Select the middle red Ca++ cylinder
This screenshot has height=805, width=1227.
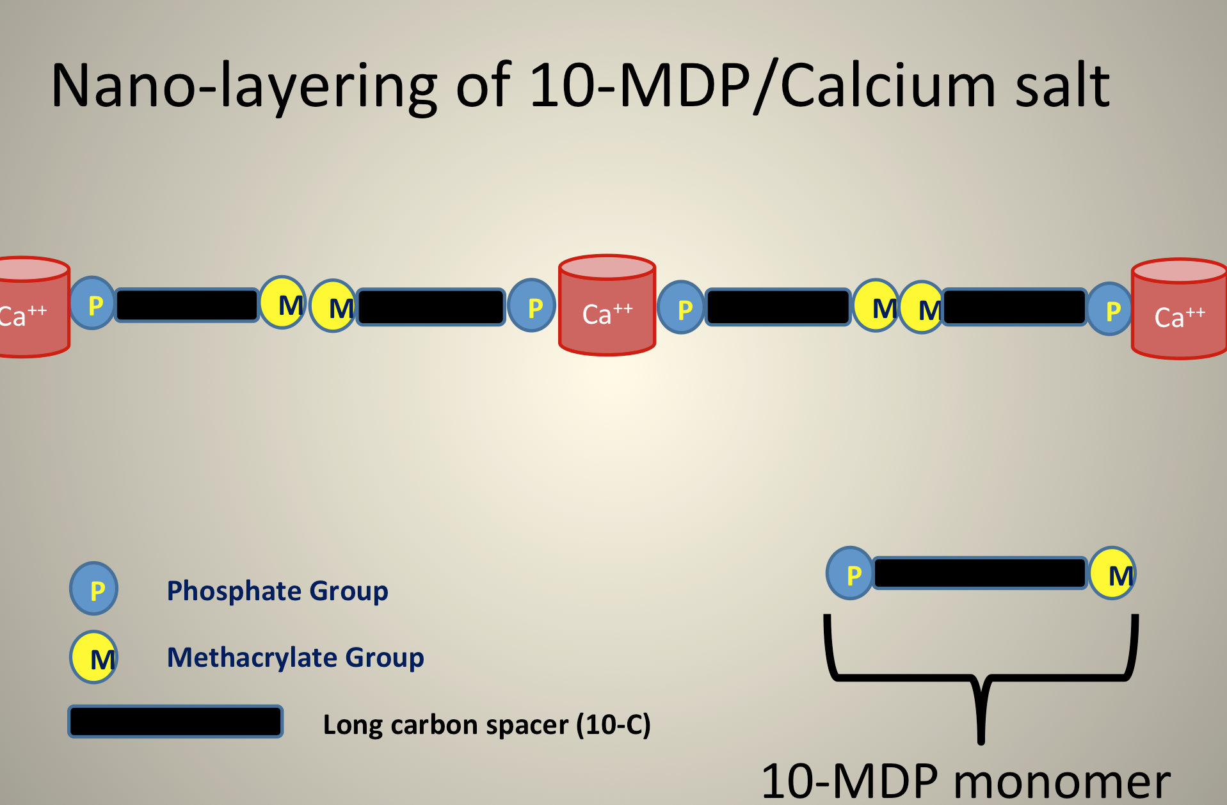point(607,305)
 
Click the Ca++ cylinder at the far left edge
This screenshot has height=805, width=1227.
point(33,307)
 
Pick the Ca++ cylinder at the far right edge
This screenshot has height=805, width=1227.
point(1179,308)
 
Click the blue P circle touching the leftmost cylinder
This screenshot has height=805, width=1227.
point(92,303)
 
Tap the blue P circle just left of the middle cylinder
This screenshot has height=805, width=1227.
point(531,305)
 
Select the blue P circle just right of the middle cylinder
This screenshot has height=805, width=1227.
point(681,307)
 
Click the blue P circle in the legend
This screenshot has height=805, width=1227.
point(93,589)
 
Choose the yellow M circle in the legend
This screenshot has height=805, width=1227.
point(94,657)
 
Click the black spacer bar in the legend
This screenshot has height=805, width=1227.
point(175,722)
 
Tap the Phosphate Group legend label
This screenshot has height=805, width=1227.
point(277,591)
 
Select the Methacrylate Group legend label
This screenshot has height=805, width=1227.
point(295,658)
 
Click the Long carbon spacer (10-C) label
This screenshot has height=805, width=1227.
point(486,725)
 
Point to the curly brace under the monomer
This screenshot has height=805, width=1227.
point(981,679)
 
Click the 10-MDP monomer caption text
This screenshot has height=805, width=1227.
point(965,781)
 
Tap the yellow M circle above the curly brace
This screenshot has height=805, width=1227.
point(1114,573)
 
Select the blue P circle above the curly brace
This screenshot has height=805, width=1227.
point(850,573)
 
